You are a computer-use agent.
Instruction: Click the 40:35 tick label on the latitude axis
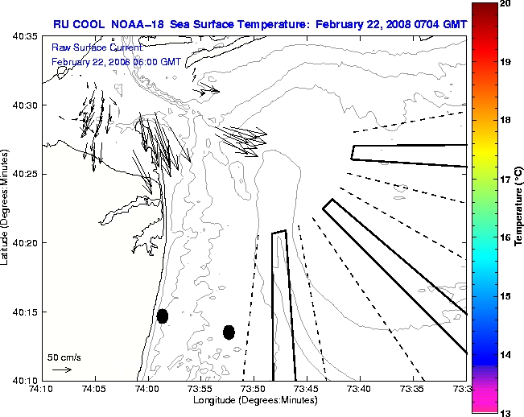23,37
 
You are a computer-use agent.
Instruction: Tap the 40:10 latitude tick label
23,380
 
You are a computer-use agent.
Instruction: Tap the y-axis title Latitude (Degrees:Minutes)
6,208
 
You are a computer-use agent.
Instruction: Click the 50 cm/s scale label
63,357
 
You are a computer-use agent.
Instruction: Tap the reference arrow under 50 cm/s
61,370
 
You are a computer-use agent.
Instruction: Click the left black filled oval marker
163,316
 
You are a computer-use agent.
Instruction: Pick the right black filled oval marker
229,332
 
